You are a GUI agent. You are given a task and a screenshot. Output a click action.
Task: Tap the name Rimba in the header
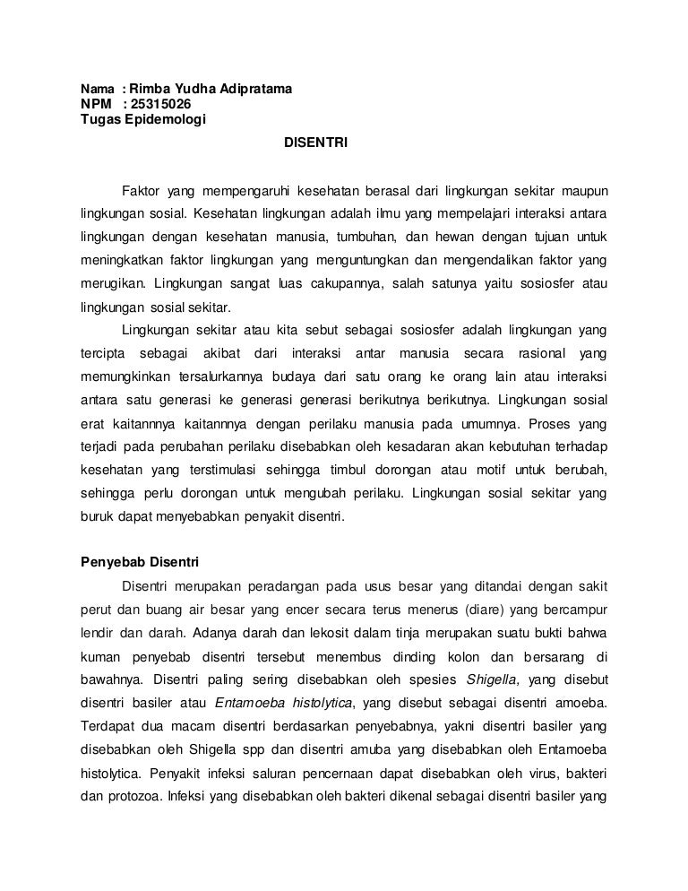(149, 90)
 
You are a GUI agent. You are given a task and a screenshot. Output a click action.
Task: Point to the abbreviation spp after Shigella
(246, 749)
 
